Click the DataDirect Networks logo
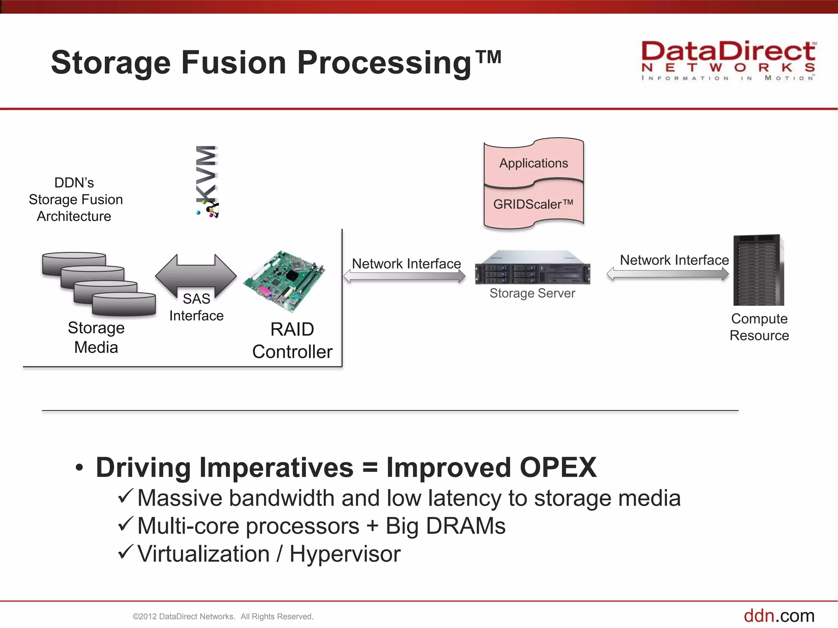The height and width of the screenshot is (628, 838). point(728,61)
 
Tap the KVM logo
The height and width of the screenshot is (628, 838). point(207,182)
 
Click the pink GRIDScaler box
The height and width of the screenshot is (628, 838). point(534,204)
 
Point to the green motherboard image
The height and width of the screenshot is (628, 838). point(284,278)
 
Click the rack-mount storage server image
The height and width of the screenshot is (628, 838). point(532,268)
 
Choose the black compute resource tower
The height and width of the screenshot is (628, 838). point(758,270)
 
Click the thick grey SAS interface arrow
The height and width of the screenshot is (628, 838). point(196,276)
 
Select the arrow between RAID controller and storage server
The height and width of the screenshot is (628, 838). point(404,276)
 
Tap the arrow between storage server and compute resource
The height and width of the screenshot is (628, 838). point(667,274)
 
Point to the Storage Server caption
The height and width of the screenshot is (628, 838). point(532,293)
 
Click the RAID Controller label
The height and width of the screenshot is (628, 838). point(292,341)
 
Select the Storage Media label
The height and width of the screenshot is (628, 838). point(96,337)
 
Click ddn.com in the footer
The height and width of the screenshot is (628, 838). point(779,616)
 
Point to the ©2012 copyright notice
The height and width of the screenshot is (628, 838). point(223,617)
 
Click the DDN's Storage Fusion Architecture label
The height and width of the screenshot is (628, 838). point(75,200)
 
